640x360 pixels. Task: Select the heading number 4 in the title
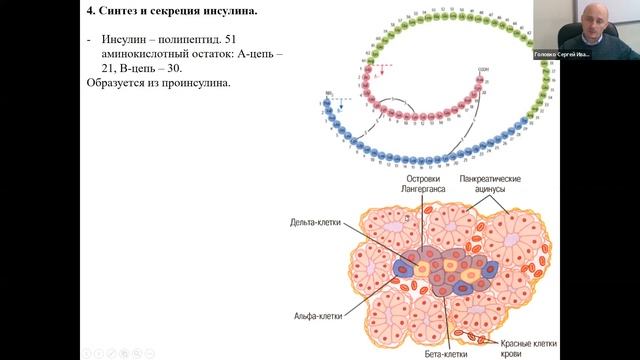click(92, 12)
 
